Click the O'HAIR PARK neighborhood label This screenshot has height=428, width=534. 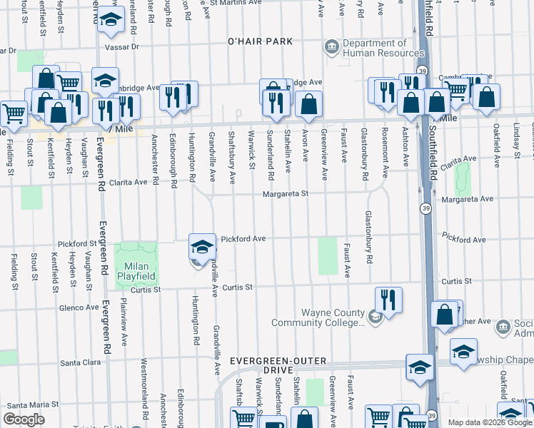coord(260,41)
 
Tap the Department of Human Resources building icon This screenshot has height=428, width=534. coord(332,48)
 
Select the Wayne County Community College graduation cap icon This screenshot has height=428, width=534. coord(374,317)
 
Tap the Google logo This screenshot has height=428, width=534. coord(24,419)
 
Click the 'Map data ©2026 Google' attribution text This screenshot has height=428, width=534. coord(489,422)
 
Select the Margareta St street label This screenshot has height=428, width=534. coord(284,193)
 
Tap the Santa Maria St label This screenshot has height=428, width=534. coord(29,404)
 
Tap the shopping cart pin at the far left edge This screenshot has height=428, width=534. coord(13,113)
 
